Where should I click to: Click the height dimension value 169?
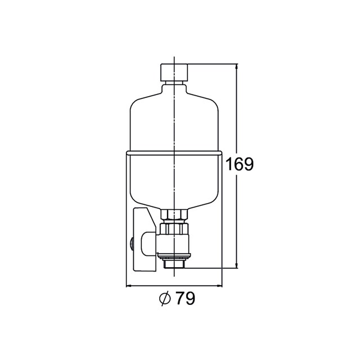pyautogui.click(x=240, y=164)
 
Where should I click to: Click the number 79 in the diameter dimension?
pyautogui.click(x=186, y=299)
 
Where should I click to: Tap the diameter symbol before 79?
pyautogui.click(x=165, y=299)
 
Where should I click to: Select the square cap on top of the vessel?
pyautogui.click(x=174, y=72)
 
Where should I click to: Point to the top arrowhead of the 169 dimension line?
pyautogui.click(x=237, y=67)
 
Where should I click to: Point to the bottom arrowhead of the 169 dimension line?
pyautogui.click(x=237, y=265)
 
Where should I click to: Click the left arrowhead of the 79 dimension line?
pyautogui.click(x=129, y=286)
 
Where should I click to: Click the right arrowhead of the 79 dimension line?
pyautogui.click(x=219, y=286)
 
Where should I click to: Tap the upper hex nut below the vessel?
pyautogui.click(x=174, y=214)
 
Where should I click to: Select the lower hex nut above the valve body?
pyautogui.click(x=174, y=228)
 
